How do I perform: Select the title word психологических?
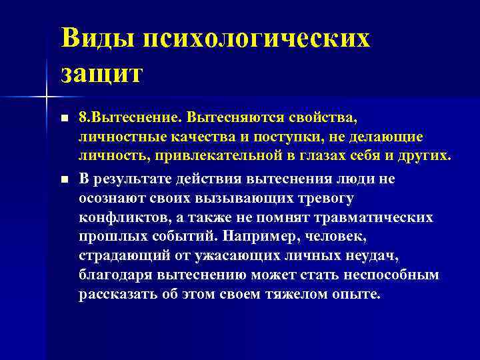(x=256, y=39)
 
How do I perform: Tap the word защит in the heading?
(x=102, y=72)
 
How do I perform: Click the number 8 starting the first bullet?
(x=83, y=118)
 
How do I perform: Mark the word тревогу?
(x=318, y=198)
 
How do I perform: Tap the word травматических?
(x=371, y=217)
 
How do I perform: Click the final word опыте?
(x=356, y=295)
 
